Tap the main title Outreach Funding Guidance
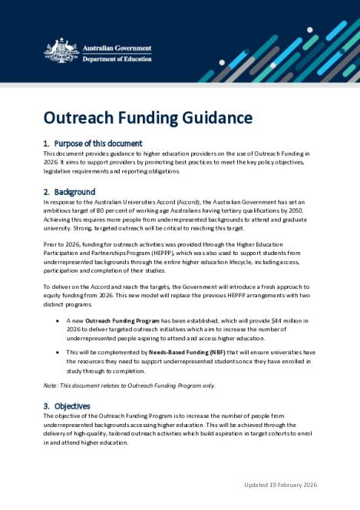click(x=147, y=118)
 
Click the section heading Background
click(x=74, y=191)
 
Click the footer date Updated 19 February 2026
click(x=280, y=485)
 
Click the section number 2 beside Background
click(x=46, y=191)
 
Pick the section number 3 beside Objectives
click(x=46, y=406)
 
